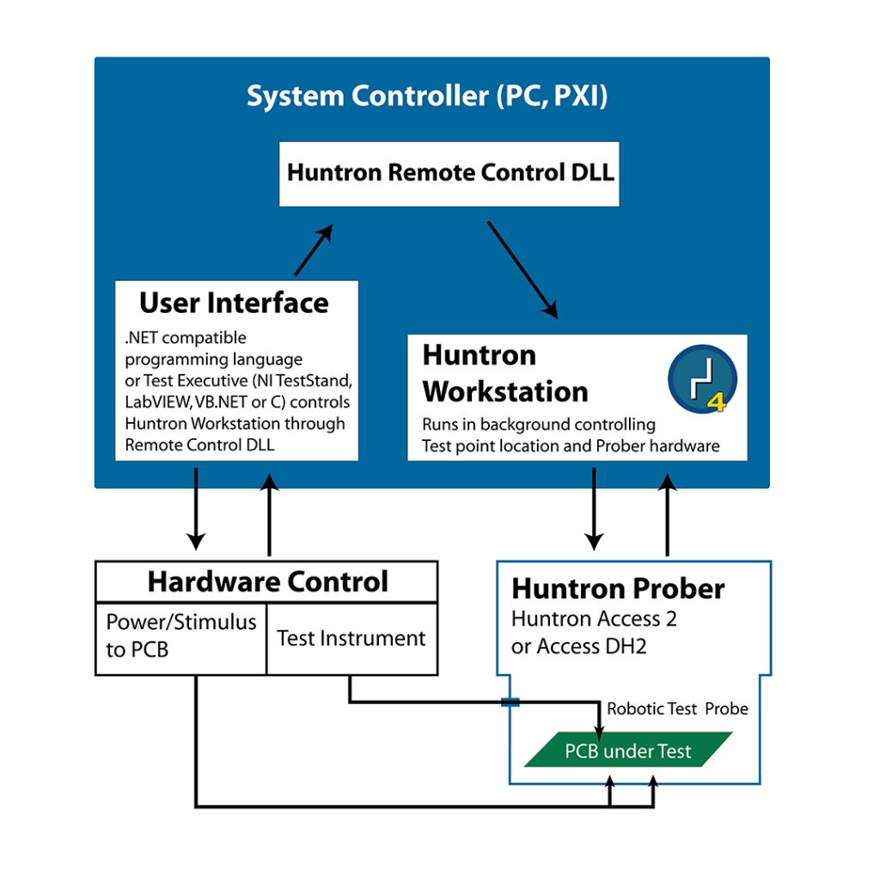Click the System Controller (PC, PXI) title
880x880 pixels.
tap(427, 95)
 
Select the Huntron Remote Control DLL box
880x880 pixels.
tap(449, 173)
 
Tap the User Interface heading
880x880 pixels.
tap(234, 302)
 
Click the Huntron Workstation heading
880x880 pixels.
tap(505, 373)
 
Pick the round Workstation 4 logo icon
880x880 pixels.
tap(702, 380)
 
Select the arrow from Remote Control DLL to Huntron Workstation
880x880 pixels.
tap(523, 269)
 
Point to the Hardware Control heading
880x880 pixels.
tap(267, 582)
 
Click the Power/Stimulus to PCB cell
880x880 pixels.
tap(181, 636)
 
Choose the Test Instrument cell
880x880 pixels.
tap(351, 639)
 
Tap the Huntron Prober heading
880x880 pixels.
tap(618, 589)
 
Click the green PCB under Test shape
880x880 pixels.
tap(628, 750)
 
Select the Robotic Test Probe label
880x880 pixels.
tap(677, 709)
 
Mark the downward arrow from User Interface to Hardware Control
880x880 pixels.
tap(197, 509)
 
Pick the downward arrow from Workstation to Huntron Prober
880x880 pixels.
tap(594, 509)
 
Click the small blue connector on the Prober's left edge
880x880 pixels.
tap(510, 703)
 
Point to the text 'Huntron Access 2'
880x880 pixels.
tap(594, 619)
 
